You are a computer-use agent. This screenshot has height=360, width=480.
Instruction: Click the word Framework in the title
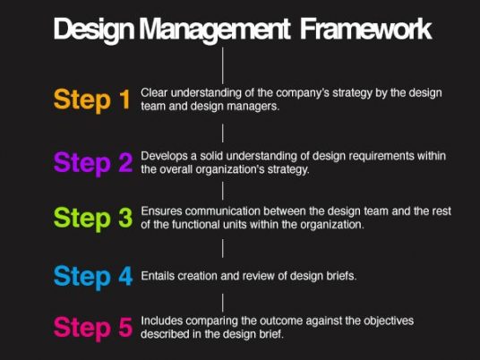tap(365, 29)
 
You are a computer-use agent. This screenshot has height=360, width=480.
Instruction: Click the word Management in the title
tap(215, 29)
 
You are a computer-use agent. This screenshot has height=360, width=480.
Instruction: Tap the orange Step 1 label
tap(92, 100)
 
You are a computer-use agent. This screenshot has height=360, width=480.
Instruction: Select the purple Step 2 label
tap(93, 163)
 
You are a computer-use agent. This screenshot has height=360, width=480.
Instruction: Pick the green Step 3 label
tap(93, 218)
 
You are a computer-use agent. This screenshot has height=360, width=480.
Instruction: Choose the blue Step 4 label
tap(93, 277)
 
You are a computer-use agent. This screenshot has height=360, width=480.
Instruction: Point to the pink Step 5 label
tap(93, 328)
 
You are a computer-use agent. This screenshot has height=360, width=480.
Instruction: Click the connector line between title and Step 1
tap(223, 65)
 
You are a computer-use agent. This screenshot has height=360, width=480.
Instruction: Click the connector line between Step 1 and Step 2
tap(223, 133)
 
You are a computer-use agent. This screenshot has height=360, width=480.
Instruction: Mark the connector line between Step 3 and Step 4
tap(223, 248)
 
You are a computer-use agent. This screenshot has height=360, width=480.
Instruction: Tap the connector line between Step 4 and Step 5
tap(223, 303)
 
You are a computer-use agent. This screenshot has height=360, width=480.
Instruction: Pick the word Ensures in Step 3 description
tap(161, 211)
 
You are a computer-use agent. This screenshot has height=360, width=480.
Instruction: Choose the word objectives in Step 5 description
tap(389, 321)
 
